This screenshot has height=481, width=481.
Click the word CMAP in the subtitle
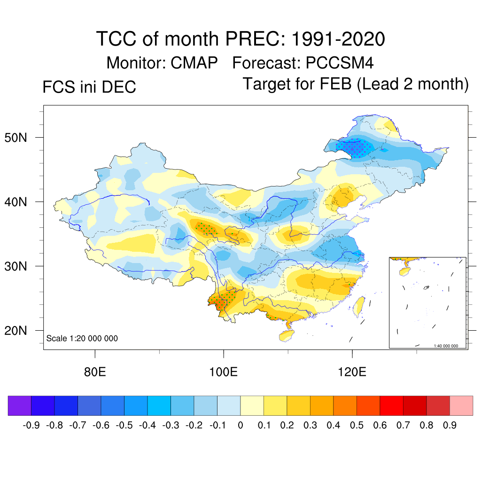coord(194,62)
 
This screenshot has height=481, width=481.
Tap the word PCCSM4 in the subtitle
coord(340,62)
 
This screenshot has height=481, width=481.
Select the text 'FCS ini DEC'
coord(89,87)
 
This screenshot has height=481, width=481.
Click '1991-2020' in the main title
coord(338,39)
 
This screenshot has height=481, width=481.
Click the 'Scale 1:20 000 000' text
coord(82,338)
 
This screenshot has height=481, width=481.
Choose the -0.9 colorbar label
coord(31,426)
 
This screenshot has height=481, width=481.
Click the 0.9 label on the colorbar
coord(450,426)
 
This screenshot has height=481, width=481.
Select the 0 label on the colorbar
coord(240,426)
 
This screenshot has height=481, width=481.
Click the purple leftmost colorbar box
coord(20,406)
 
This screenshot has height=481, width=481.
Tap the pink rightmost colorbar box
coord(461,406)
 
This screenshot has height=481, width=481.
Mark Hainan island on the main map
coord(286,335)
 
